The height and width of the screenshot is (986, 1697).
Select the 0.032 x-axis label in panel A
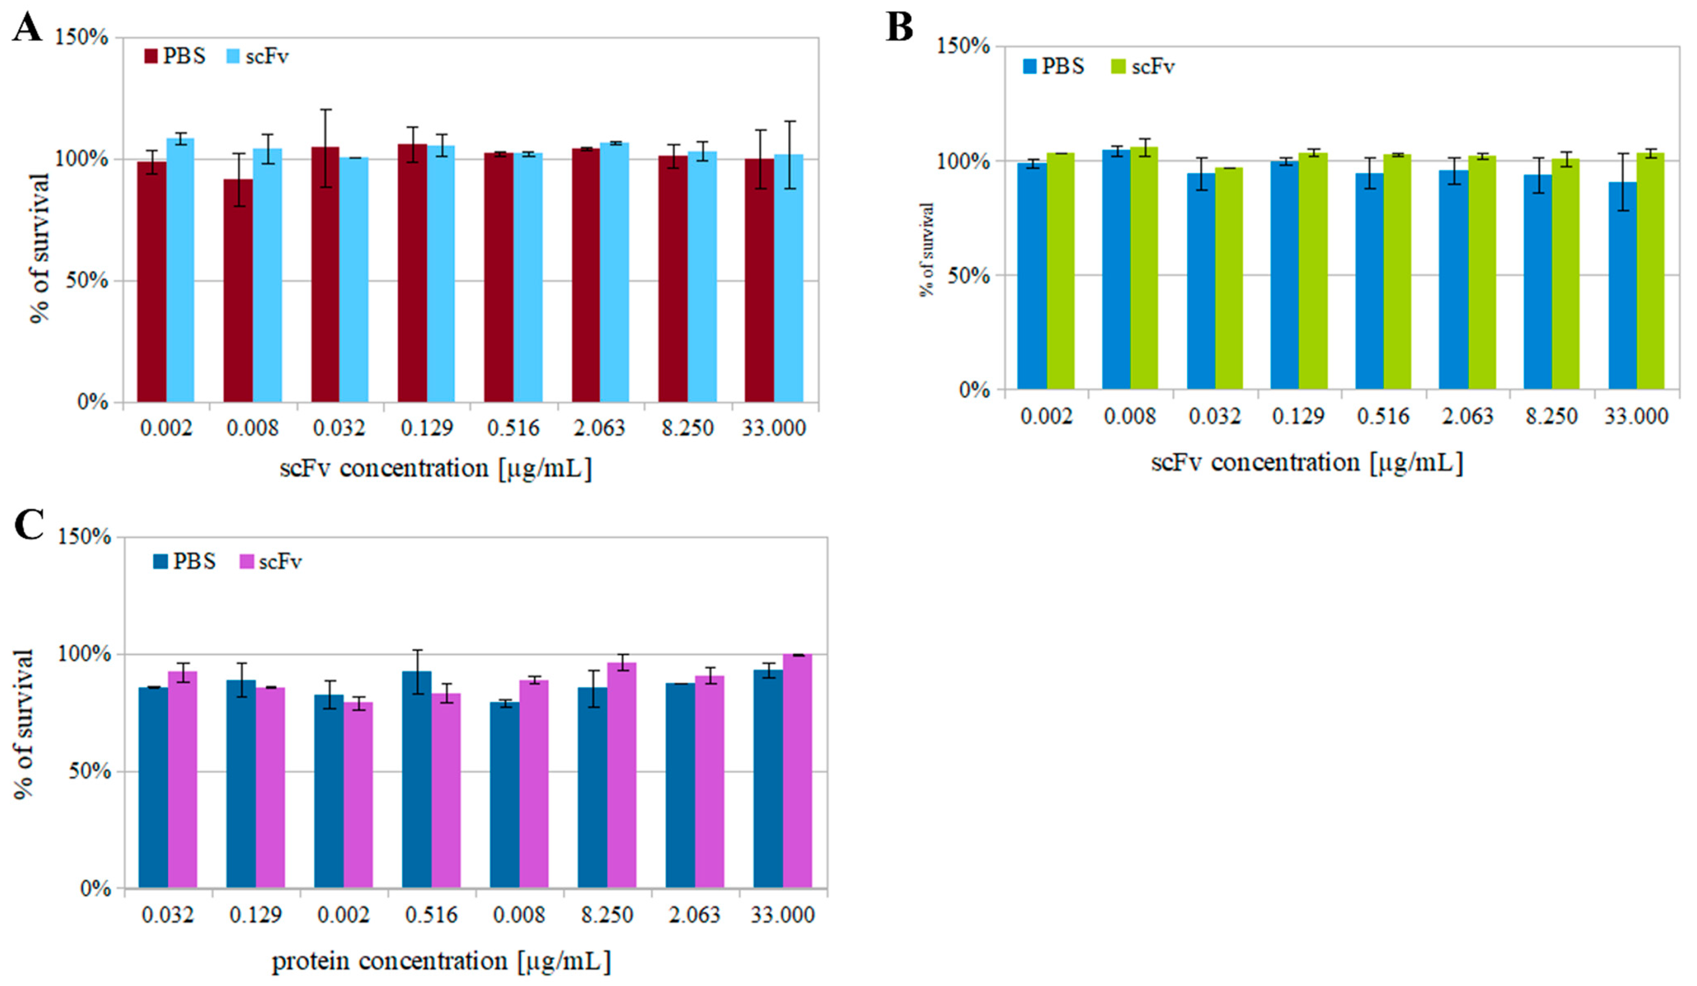click(x=339, y=428)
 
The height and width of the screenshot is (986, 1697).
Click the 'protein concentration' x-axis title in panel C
click(x=441, y=961)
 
